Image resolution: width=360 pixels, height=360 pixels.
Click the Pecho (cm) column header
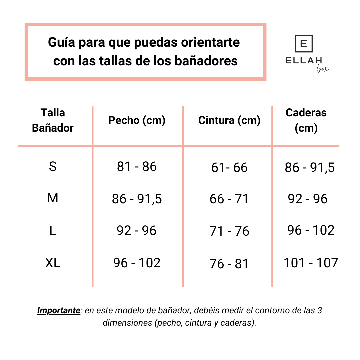click(137, 120)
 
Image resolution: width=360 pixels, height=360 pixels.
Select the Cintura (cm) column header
click(229, 120)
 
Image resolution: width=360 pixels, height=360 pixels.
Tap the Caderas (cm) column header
click(306, 120)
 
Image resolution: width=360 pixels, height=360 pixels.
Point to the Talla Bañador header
click(53, 120)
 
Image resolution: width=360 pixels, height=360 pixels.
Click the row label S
click(53, 166)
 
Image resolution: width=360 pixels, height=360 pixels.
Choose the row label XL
click(53, 263)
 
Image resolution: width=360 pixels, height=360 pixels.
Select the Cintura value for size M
click(229, 199)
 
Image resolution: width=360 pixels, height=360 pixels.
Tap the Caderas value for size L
click(311, 230)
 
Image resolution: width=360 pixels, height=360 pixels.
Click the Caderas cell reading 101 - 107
click(311, 263)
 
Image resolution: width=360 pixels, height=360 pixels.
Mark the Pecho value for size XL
click(137, 263)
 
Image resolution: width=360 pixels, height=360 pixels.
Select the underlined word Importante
click(59, 311)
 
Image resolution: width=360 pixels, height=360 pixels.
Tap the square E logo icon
click(304, 44)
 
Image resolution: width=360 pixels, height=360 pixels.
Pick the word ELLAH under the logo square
click(304, 60)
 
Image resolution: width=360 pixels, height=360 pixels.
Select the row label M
click(53, 198)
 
